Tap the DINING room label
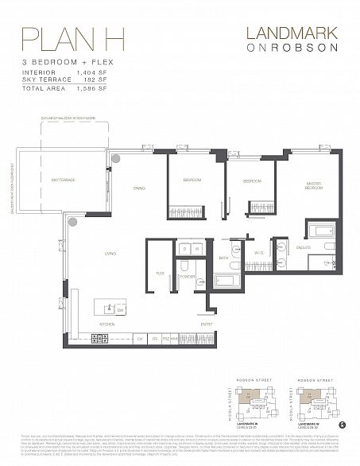[x=139, y=188]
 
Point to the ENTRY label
[x=206, y=324]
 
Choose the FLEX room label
[x=160, y=272]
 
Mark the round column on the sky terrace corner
[x=116, y=158]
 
